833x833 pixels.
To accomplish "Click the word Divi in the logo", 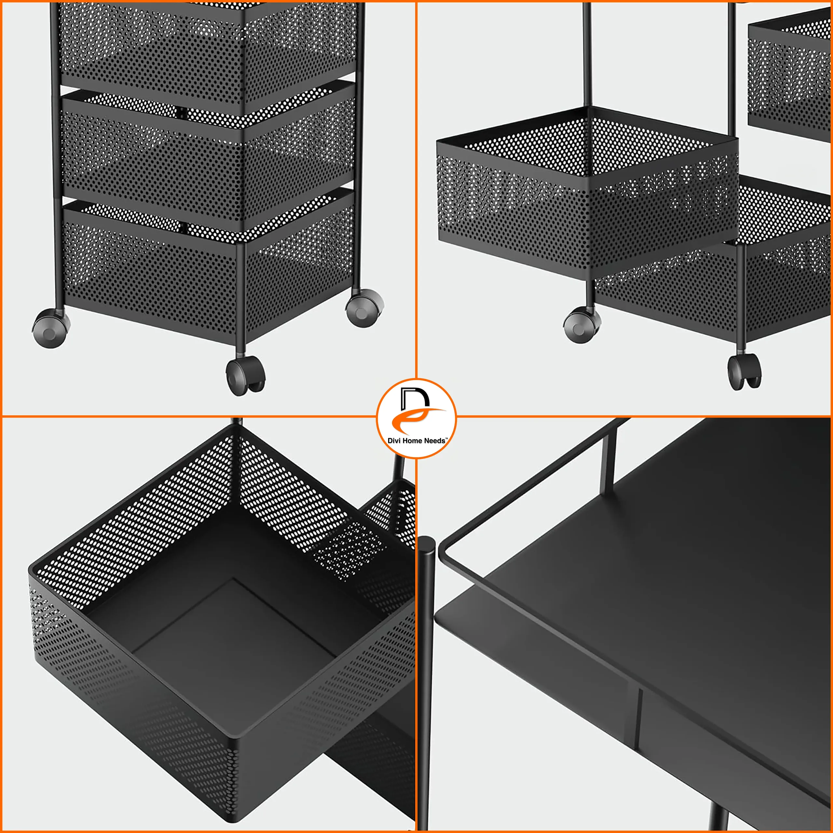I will pos(394,441).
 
